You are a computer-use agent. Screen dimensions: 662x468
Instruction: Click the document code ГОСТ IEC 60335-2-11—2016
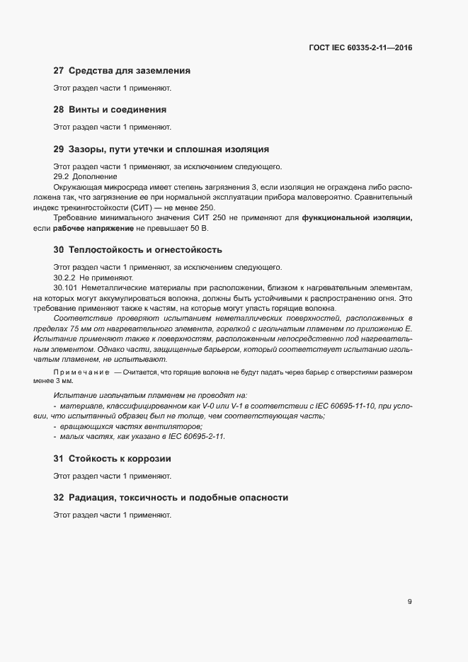(x=360, y=48)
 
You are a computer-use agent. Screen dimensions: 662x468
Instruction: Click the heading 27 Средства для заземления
(x=122, y=71)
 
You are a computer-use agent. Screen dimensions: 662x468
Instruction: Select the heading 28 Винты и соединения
(x=110, y=110)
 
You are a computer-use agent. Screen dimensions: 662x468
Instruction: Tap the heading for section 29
(x=161, y=149)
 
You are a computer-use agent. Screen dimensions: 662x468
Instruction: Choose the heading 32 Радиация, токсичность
(x=171, y=498)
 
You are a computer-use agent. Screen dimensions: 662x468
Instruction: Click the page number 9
(x=409, y=602)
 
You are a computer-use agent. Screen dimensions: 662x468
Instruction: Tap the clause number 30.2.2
(x=65, y=278)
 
